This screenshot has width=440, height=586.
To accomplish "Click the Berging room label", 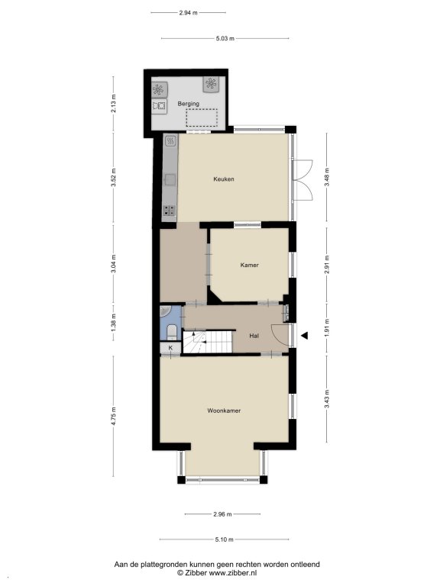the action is (x=188, y=104).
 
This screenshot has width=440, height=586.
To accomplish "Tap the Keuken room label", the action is (x=224, y=179).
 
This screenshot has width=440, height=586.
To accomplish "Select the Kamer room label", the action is (x=249, y=265).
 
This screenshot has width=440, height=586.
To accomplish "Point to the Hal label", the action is (x=254, y=336).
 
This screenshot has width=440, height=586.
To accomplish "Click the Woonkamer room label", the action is (x=224, y=411).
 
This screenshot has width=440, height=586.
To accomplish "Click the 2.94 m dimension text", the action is (x=188, y=12).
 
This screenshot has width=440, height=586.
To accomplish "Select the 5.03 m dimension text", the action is (x=225, y=38).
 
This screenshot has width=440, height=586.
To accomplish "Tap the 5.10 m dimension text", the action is (x=224, y=539).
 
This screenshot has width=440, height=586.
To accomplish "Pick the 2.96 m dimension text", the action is (x=222, y=514).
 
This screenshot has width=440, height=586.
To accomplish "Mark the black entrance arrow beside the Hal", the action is (x=305, y=336).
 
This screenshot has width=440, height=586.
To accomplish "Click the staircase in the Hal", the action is (x=208, y=341).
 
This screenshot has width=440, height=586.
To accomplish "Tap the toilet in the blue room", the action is (x=172, y=331).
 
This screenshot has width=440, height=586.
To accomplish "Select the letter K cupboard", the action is (x=170, y=348).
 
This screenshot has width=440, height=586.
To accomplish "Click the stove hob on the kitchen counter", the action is (x=170, y=211).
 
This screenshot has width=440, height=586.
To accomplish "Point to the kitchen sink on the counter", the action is (x=170, y=180).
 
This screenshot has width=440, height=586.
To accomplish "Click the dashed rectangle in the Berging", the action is (x=202, y=118).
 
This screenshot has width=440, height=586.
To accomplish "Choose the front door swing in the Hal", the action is (x=280, y=333).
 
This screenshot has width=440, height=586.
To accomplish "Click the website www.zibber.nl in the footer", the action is (x=233, y=572).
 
